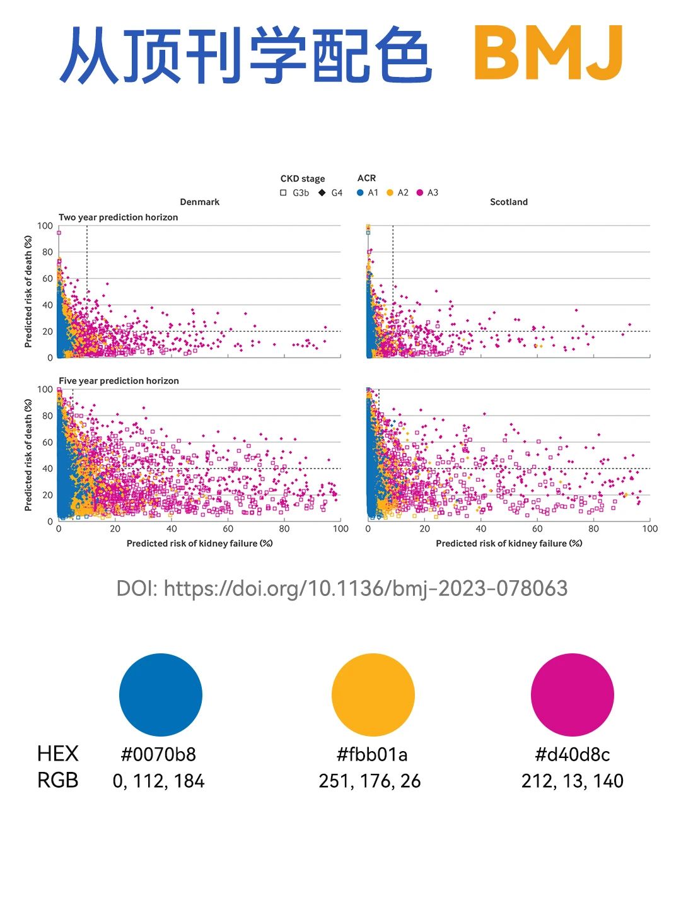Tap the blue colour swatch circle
[161, 694]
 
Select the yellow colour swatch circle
[373, 694]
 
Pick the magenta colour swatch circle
[572, 694]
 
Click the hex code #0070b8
[158, 754]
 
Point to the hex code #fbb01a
[372, 754]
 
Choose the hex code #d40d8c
[572, 754]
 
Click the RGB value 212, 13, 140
[572, 781]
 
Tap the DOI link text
[342, 588]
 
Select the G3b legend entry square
[284, 193]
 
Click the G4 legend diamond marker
[322, 193]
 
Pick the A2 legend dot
[390, 193]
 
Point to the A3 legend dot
[420, 193]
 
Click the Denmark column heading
[200, 202]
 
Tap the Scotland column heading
[509, 202]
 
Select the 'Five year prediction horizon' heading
[119, 381]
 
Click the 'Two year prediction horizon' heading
[118, 218]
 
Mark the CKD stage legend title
[303, 179]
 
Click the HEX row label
[58, 754]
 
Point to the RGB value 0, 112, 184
[158, 781]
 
